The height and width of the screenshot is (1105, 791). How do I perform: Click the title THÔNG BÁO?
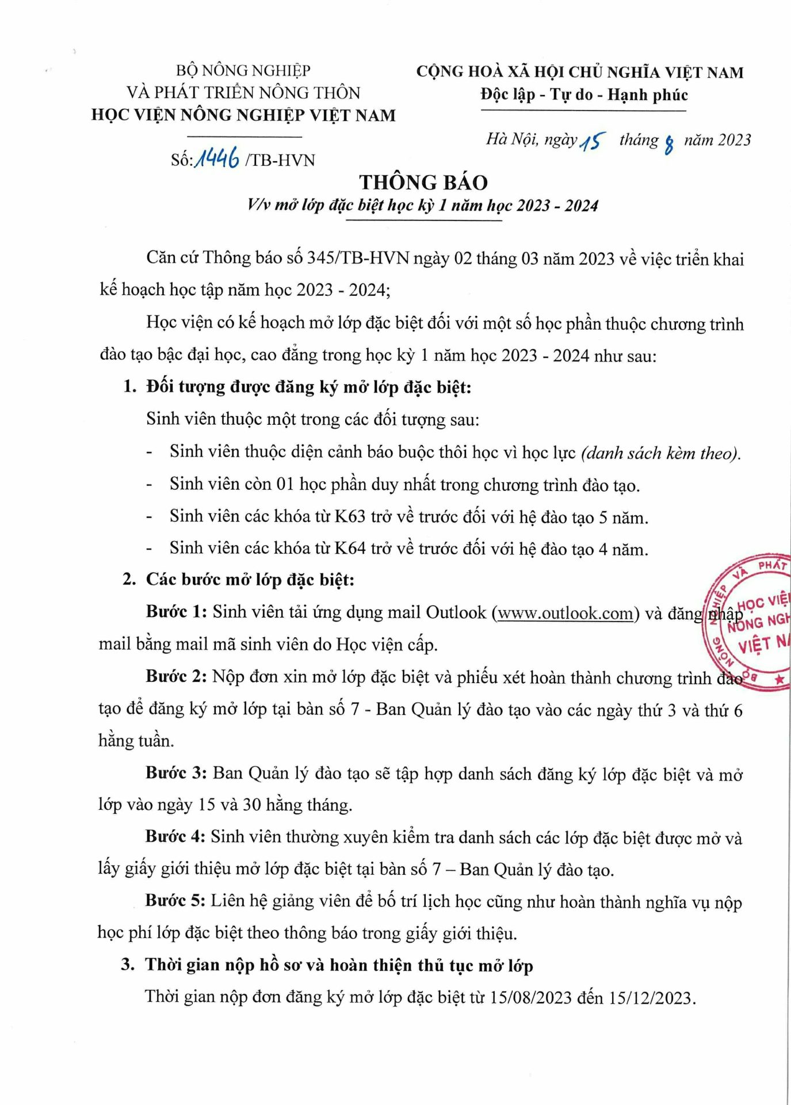[x=423, y=182]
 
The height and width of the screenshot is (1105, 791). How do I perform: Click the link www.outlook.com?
[x=565, y=614]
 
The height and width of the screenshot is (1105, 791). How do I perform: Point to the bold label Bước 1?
[x=176, y=612]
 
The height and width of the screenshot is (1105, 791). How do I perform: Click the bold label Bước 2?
[x=176, y=676]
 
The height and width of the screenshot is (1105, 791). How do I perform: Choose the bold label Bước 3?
[x=176, y=773]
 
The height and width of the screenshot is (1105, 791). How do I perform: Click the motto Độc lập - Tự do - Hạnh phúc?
[x=584, y=95]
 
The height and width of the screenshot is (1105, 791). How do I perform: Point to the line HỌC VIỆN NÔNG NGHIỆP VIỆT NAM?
[x=243, y=115]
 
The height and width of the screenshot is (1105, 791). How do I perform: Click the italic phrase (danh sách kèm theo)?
[x=660, y=454]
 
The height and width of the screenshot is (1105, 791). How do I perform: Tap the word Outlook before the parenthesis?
[x=456, y=612]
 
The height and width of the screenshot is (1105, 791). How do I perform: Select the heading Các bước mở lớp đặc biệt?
[x=250, y=580]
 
